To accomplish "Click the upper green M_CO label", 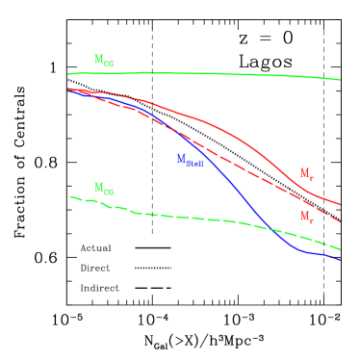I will coord(103,61).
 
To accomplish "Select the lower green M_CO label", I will coord(103,189).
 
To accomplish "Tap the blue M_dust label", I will coord(189,160).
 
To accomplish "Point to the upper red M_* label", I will coord(306,174).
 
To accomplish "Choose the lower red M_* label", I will coord(306,218).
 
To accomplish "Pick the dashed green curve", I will coord(193,218).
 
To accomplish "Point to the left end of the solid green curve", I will coord(68,73).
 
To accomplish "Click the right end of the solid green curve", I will coord(340,80).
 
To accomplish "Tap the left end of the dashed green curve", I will coord(70,196).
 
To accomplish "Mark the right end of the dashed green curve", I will coord(340,249).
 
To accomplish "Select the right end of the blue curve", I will coord(340,260).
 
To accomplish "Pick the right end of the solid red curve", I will coord(340,204).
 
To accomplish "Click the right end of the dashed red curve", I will coord(340,221).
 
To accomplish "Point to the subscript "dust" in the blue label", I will coord(194,163).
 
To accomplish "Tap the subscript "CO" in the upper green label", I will coord(108,64).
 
